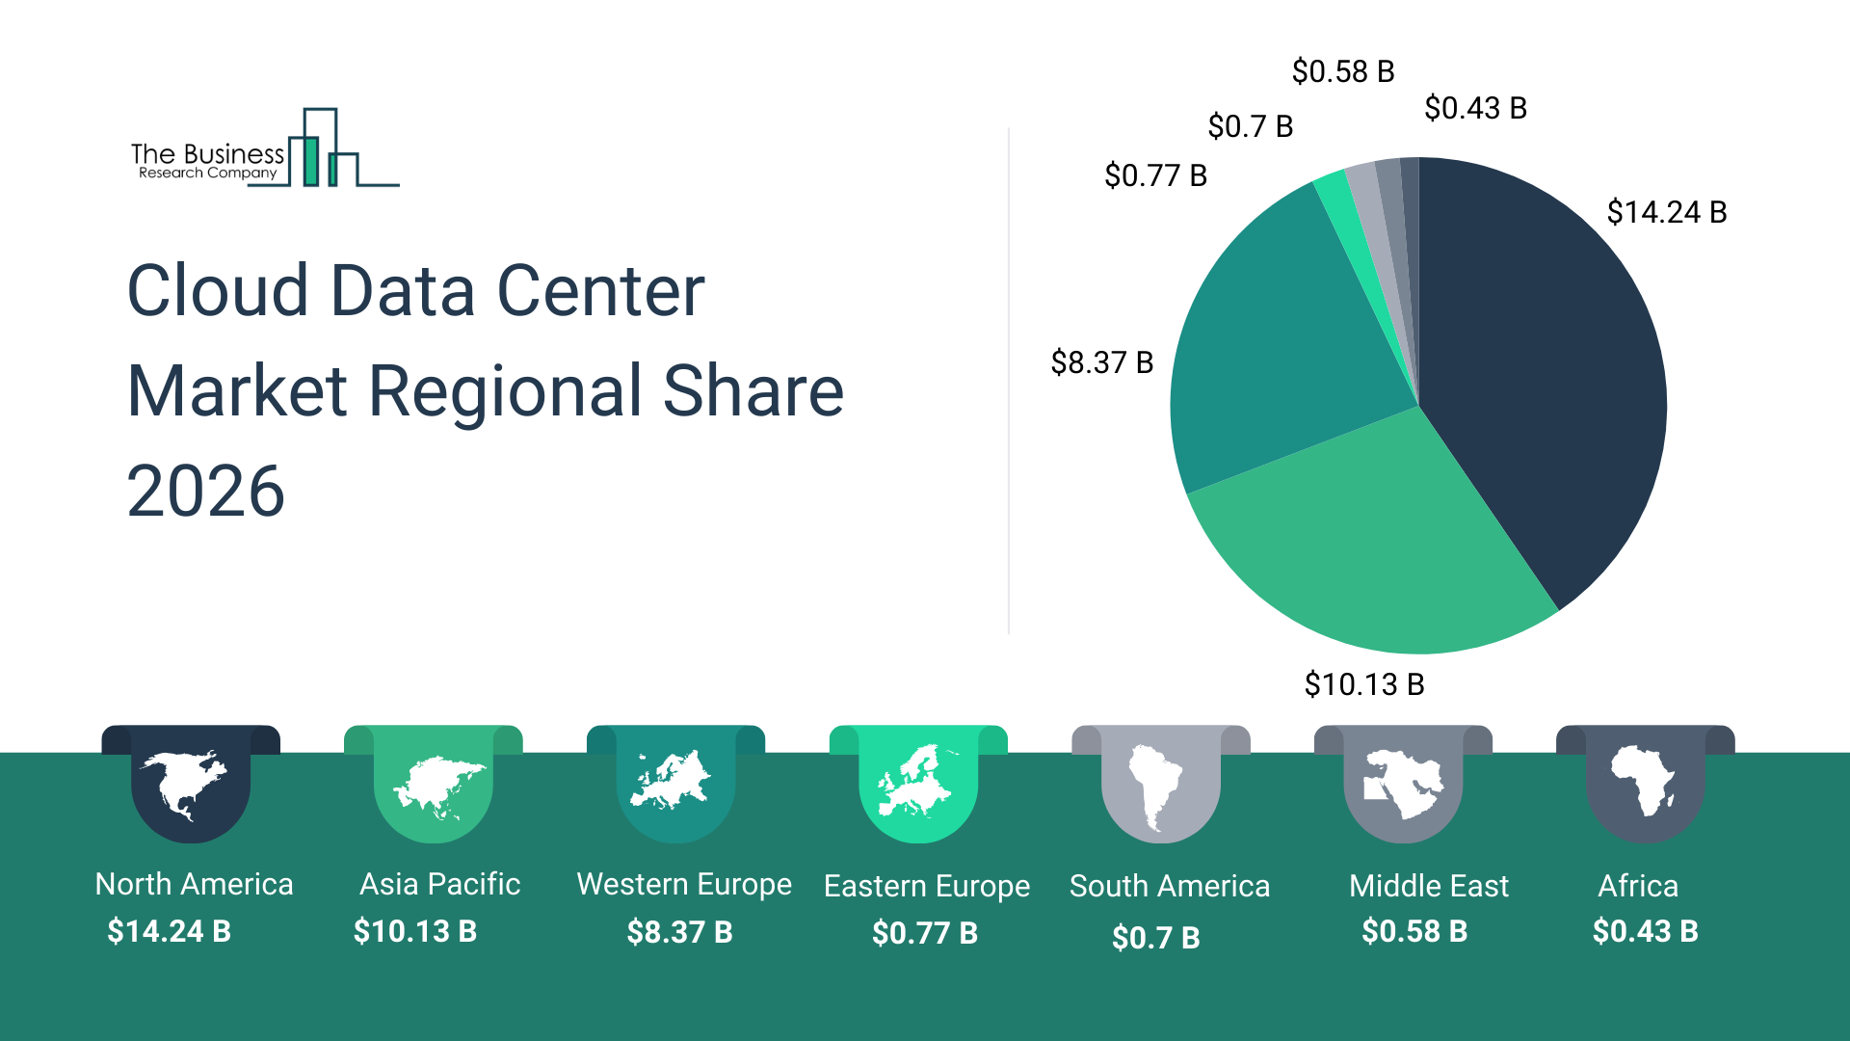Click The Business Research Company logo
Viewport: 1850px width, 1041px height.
click(x=264, y=150)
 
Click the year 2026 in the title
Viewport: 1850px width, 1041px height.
click(x=205, y=492)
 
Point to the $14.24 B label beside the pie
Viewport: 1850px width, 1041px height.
click(x=1666, y=212)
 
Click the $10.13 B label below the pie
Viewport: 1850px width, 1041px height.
click(x=1363, y=684)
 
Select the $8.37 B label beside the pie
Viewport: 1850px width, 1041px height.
click(x=1101, y=362)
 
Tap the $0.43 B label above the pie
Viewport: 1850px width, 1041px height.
click(x=1475, y=108)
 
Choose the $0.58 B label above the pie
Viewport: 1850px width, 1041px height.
click(x=1342, y=71)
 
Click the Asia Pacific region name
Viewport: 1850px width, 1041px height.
click(x=439, y=884)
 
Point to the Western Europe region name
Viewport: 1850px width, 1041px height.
click(x=683, y=884)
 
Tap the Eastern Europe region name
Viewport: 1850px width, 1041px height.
click(x=926, y=886)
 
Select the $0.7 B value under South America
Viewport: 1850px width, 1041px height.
click(x=1155, y=937)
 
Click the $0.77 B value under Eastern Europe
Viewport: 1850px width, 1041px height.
click(x=924, y=933)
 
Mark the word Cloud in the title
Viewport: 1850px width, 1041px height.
click(x=218, y=291)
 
